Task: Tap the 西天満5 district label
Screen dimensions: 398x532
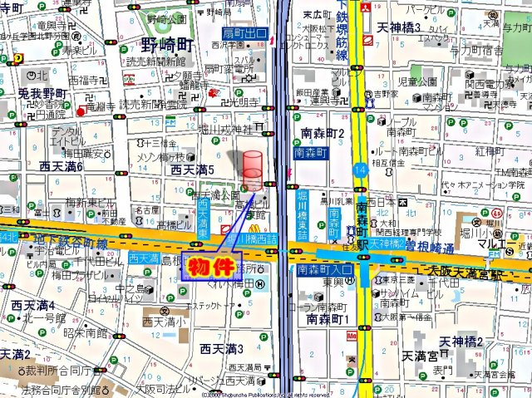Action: [193, 170]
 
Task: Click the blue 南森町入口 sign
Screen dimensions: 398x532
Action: [325, 270]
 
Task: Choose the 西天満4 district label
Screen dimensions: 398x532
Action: [33, 305]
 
